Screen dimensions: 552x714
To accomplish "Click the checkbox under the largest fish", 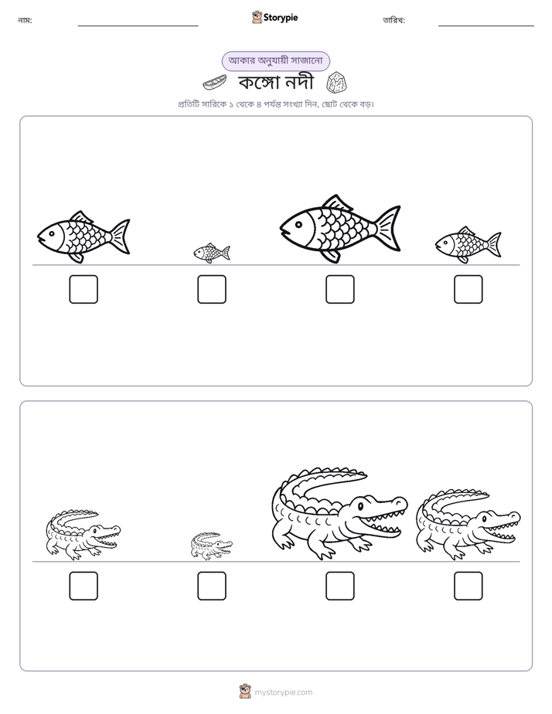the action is coord(339,289).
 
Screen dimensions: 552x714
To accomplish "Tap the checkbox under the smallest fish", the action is coord(212,289).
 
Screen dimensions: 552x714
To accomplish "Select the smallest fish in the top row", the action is coord(212,253).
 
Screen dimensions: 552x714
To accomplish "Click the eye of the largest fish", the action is coord(298,224).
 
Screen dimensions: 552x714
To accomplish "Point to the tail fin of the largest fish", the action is coord(388,229).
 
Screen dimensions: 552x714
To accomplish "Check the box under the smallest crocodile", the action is coord(212,586).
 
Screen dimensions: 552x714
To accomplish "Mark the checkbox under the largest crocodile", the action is coord(339,586).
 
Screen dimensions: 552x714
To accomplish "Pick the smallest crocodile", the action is coord(211,546).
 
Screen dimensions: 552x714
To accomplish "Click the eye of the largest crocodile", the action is coord(360,505).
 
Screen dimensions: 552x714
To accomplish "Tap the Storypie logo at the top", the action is coord(274,17).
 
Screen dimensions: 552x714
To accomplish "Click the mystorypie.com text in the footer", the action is coord(283,692).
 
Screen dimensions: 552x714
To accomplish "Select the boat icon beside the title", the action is coord(214,83).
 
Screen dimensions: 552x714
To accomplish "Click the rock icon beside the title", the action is coord(337,82).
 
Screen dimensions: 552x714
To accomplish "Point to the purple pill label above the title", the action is coord(275,61).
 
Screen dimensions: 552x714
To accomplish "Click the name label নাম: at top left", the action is coord(25,20).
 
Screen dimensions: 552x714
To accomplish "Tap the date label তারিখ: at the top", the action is coord(394,20).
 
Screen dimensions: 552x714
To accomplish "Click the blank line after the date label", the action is coord(486,26).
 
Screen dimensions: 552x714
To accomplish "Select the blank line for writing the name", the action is coord(138,26).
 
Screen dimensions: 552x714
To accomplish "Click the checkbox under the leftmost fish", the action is coord(83,289).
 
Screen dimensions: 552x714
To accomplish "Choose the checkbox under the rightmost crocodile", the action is coord(469,586).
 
